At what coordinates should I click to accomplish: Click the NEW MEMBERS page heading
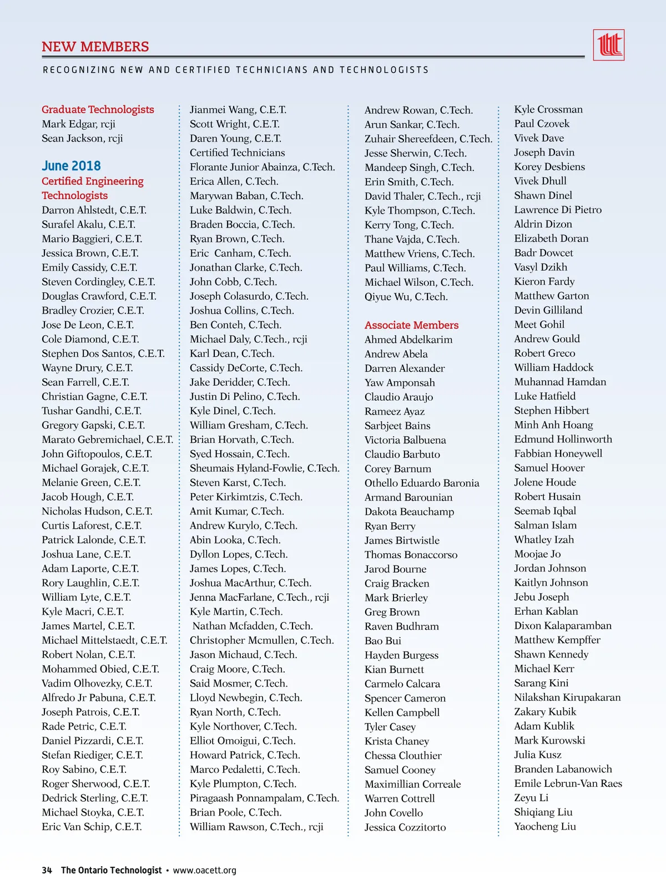pos(95,47)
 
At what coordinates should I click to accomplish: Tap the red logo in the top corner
pos(609,45)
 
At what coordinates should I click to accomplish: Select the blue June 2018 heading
pos(71,166)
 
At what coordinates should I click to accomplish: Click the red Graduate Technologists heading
pos(98,109)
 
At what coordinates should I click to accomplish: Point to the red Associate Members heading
pos(411,325)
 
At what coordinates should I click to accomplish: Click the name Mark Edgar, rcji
pos(78,124)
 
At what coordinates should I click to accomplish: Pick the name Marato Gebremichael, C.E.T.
pos(107,439)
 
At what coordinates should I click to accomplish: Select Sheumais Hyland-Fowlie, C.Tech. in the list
pos(264,468)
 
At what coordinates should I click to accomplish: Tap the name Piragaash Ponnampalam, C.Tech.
pos(264,798)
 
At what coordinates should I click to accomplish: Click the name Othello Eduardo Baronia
pos(422,483)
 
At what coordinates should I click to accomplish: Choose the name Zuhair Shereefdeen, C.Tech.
pos(428,139)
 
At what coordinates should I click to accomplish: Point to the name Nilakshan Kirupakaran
pos(567,697)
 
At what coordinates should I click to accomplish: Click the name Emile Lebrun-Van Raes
pos(568,783)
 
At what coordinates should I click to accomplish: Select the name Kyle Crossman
pos(548,109)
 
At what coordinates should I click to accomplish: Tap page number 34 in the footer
pos(47,870)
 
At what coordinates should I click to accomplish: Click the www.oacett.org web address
pos(204,870)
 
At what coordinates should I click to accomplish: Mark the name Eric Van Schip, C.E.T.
pos(92,827)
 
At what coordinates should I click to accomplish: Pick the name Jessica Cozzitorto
pos(405,827)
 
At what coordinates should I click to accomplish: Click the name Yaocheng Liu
pos(545,826)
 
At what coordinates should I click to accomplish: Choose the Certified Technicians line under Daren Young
pos(237,153)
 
